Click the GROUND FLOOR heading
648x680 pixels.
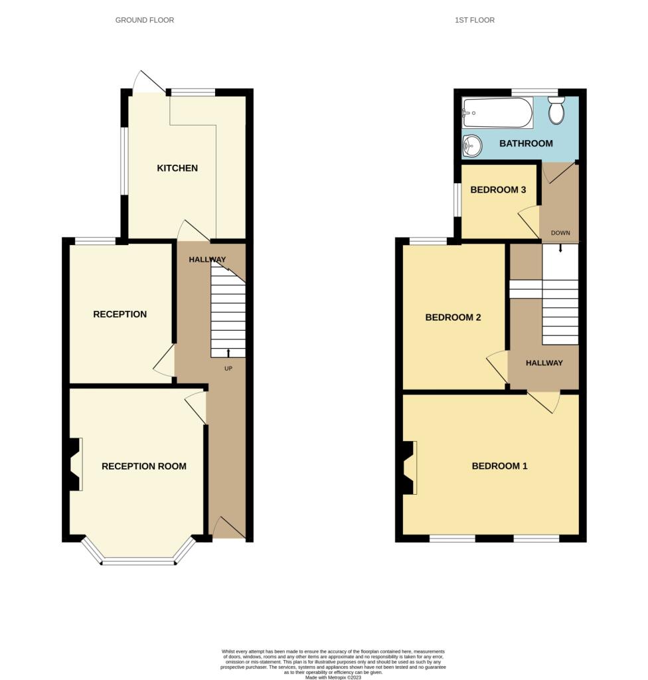pos(145,20)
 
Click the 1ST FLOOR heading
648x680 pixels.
pos(475,20)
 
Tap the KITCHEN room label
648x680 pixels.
pos(177,168)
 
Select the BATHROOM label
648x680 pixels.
pos(526,143)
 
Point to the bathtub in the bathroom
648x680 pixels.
pos(497,113)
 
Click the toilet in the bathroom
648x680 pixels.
pos(556,110)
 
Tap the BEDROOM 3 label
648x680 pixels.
pos(498,189)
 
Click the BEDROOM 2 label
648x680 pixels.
pos(453,317)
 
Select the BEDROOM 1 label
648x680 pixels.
pos(500,466)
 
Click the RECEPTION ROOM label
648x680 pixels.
pos(144,466)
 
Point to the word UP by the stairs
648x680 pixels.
pos(228,369)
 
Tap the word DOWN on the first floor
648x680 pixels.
pos(560,233)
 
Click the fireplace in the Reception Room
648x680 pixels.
pos(74,464)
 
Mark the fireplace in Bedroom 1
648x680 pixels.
pos(409,467)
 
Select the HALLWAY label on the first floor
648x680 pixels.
pos(544,363)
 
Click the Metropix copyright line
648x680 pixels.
pos(333,677)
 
